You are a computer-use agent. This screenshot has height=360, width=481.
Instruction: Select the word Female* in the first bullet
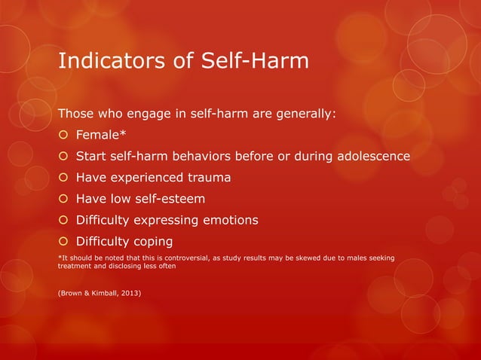[100, 136]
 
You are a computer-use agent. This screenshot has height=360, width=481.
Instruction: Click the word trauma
[204, 178]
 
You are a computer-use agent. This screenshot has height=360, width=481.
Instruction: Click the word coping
[151, 242]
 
